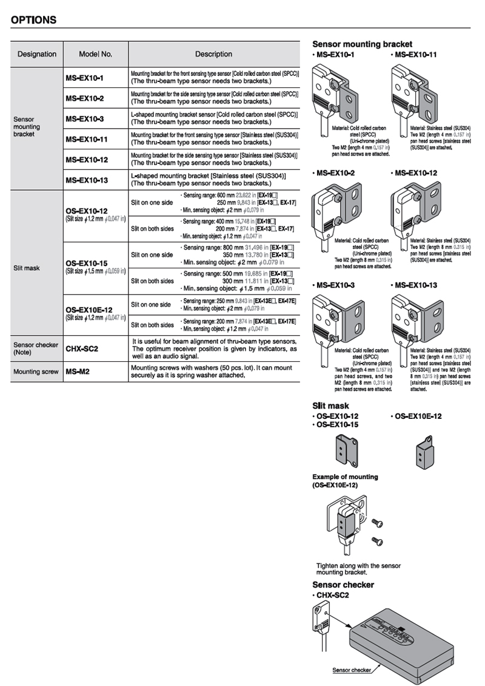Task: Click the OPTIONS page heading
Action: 33,20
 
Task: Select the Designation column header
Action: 37,54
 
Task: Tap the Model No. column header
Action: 95,54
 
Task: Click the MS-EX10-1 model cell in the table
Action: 85,78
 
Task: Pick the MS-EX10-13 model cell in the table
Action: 87,180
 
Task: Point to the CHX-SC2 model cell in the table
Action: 82,349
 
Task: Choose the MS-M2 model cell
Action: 78,372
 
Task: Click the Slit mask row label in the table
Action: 26,268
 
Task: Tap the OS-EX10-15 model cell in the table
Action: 87,263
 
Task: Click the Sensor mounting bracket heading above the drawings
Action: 362,44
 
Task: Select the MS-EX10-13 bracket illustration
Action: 414,322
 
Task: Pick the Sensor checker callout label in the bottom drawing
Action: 350,670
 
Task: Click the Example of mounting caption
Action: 345,477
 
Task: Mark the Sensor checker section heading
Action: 343,585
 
